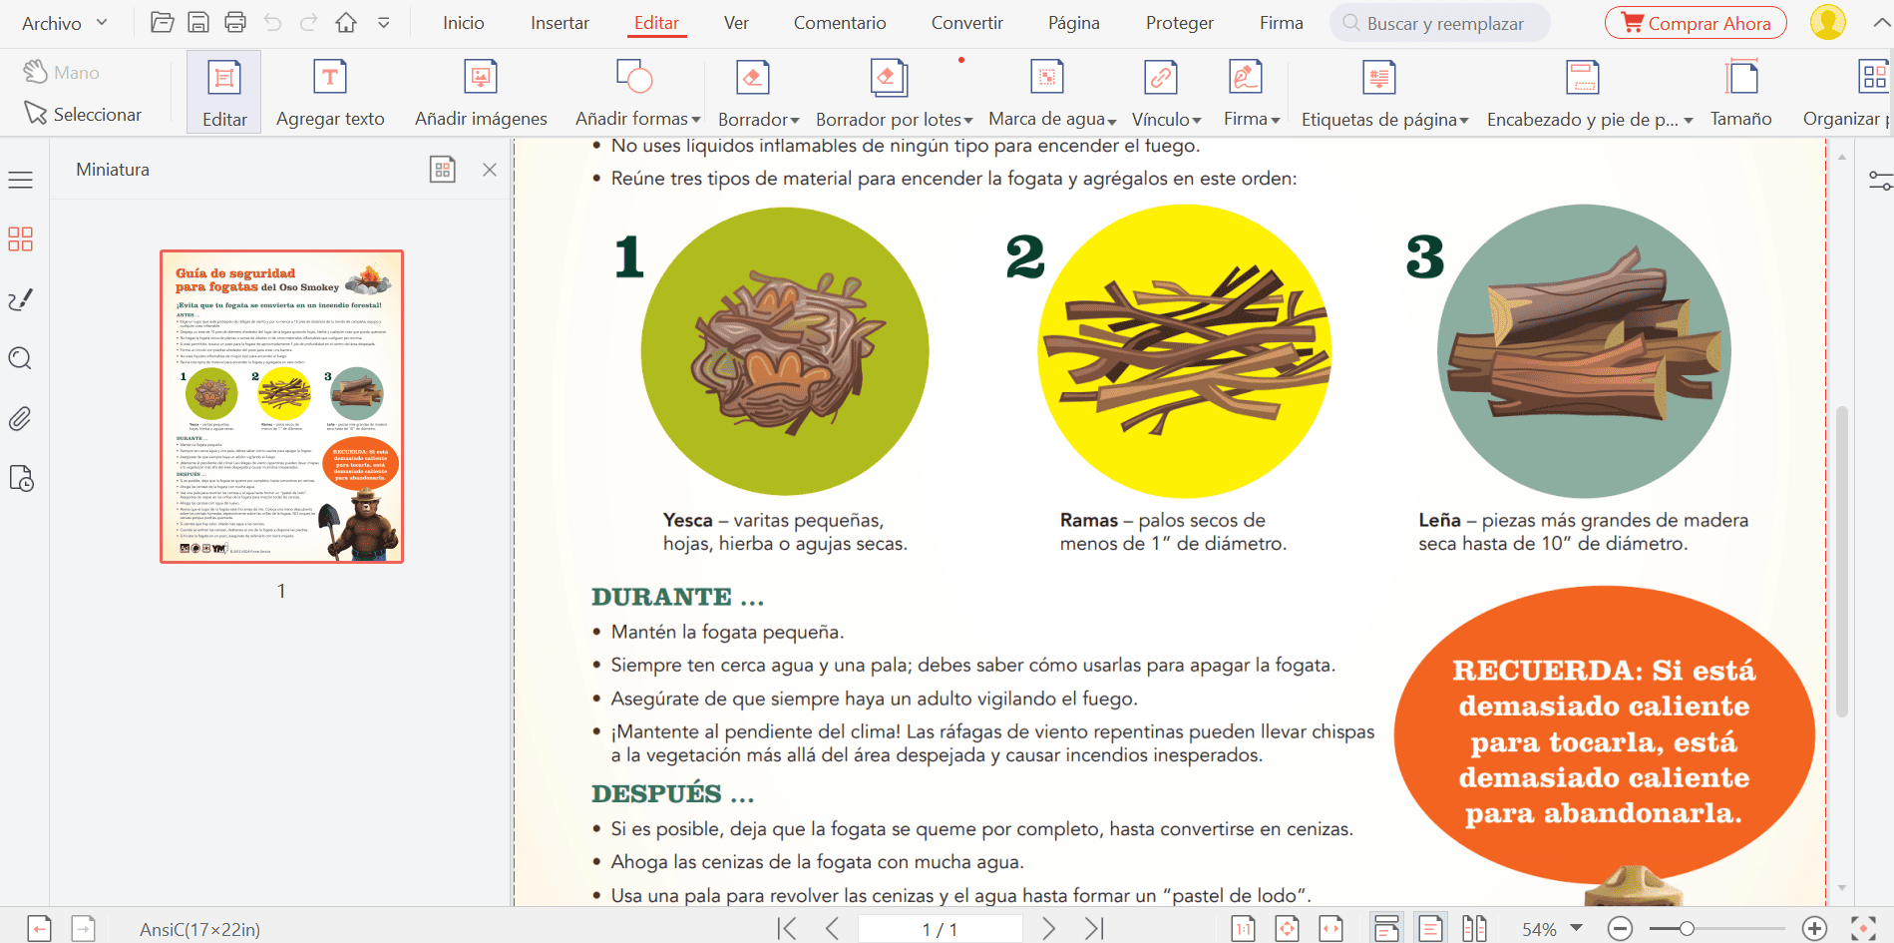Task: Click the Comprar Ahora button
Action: [x=1695, y=23]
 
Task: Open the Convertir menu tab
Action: [x=966, y=23]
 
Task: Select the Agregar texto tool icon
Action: [x=330, y=77]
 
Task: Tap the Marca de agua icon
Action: [x=1046, y=77]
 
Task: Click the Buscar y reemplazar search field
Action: [x=1444, y=23]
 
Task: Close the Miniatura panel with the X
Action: [x=490, y=170]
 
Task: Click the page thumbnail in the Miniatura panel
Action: [x=282, y=406]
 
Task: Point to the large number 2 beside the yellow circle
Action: [x=1024, y=257]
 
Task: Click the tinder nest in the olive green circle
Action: [x=786, y=349]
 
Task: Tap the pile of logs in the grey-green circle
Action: [x=1584, y=349]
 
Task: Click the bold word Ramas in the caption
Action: [x=1088, y=521]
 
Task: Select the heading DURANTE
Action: [x=661, y=597]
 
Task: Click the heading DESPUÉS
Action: [x=656, y=794]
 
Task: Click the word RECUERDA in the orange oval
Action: [x=1546, y=670]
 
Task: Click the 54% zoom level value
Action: [x=1539, y=929]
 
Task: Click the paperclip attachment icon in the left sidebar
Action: [x=20, y=419]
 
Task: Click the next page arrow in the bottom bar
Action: [x=1048, y=929]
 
